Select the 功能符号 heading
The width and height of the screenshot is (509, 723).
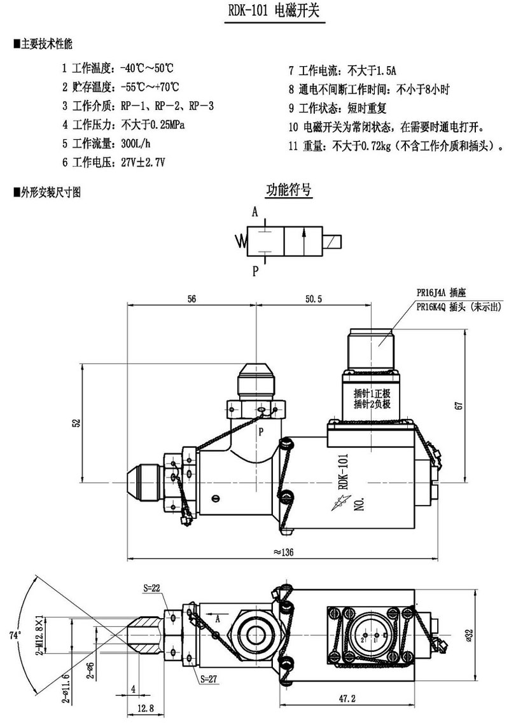[288, 189]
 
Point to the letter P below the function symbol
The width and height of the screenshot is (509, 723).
[255, 272]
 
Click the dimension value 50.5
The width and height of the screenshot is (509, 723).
[316, 298]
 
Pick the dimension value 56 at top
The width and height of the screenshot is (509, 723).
[192, 298]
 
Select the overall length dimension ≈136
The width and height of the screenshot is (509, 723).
[282, 551]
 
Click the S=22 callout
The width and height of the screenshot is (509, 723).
[151, 588]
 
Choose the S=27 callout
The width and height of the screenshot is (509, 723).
[209, 678]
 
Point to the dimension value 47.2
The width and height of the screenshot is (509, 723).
[347, 698]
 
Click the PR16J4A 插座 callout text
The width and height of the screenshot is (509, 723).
[441, 294]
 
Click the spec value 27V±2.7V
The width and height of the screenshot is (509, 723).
[143, 162]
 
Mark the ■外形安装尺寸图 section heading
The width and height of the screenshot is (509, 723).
[48, 191]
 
